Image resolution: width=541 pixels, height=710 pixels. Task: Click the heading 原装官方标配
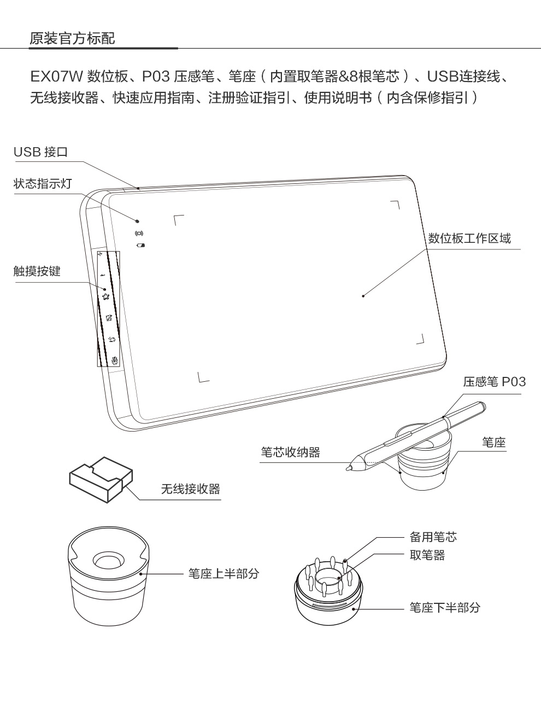72,39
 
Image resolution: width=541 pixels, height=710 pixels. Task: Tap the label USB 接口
40,152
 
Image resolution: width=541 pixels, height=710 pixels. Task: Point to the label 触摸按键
37,271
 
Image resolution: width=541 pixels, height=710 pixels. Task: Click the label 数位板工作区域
469,238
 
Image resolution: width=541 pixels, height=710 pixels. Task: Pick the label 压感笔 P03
494,381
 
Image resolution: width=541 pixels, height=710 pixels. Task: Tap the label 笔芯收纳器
290,452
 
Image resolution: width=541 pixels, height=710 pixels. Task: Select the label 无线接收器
190,488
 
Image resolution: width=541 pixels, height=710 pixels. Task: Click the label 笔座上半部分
224,573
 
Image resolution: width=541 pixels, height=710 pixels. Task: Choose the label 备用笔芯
433,537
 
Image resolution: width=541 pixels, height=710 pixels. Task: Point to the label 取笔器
427,555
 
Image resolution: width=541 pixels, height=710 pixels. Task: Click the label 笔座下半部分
445,607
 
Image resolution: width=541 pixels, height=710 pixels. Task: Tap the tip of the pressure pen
348,468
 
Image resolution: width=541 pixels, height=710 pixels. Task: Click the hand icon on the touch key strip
115,360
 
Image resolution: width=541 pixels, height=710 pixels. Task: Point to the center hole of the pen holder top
108,562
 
